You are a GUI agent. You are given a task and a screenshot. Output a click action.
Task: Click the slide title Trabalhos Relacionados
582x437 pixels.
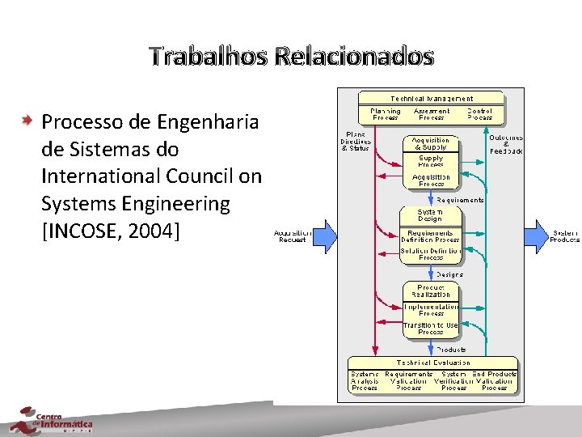(x=291, y=57)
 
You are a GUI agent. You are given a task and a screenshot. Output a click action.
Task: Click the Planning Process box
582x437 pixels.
(x=385, y=114)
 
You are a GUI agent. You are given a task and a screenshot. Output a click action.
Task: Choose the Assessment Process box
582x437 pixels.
(x=432, y=114)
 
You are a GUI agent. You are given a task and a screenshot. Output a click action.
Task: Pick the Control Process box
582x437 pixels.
(x=480, y=114)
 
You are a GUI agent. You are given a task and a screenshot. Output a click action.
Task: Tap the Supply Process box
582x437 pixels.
(x=431, y=161)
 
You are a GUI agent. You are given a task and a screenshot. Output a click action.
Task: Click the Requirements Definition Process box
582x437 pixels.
(x=431, y=236)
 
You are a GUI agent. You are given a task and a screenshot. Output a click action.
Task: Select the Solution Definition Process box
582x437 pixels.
(x=431, y=254)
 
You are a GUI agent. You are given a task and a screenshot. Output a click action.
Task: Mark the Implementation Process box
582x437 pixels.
(x=431, y=310)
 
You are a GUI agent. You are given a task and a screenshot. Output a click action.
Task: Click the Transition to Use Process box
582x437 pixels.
(x=431, y=329)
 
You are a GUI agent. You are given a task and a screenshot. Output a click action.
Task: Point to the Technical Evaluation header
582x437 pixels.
(x=433, y=363)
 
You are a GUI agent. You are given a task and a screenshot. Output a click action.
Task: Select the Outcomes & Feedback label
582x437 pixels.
(x=506, y=144)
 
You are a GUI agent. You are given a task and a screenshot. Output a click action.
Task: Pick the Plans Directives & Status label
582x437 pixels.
(x=356, y=141)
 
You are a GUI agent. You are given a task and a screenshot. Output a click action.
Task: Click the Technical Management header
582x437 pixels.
(x=432, y=99)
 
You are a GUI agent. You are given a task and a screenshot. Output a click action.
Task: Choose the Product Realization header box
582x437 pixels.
(x=431, y=291)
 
